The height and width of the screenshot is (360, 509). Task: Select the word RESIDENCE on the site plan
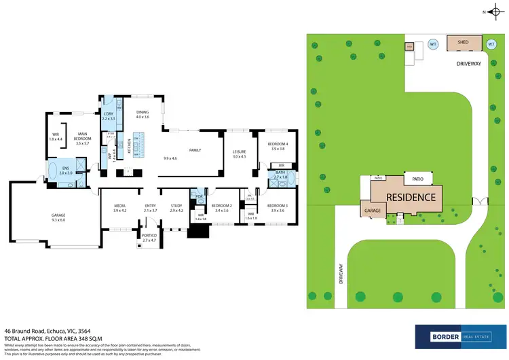click(x=411, y=197)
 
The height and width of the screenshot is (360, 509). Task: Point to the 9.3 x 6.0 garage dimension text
click(x=59, y=221)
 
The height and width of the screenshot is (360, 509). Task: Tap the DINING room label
click(x=142, y=113)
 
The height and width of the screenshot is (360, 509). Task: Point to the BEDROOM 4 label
click(x=278, y=144)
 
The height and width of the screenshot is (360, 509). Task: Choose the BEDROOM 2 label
click(x=222, y=205)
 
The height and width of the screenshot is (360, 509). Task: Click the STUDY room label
click(x=176, y=205)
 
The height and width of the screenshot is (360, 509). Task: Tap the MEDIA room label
click(x=119, y=205)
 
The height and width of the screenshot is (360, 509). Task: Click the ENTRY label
click(x=150, y=205)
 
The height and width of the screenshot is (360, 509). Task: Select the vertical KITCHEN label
click(x=129, y=145)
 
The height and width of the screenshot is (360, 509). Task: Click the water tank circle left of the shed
click(x=432, y=46)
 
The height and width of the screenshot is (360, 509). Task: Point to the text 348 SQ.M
click(x=75, y=338)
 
